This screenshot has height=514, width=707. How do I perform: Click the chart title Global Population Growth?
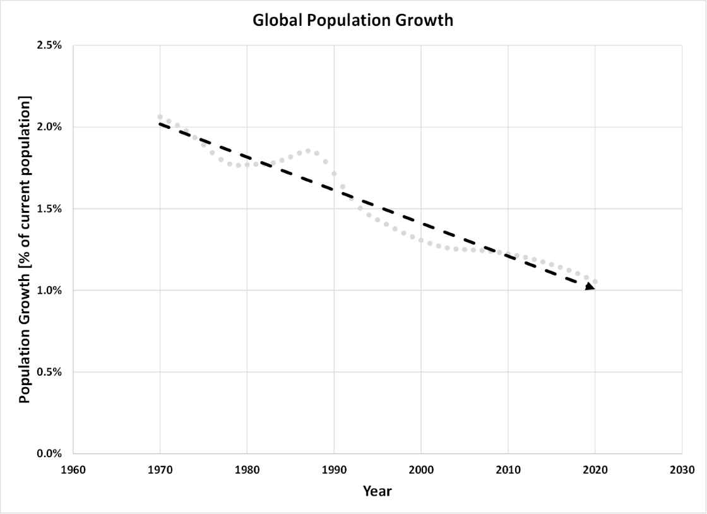pos(353,20)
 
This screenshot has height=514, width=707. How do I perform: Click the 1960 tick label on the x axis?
pos(73,470)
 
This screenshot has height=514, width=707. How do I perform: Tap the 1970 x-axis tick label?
pos(160,470)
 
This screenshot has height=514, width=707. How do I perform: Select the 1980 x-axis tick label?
pos(247,470)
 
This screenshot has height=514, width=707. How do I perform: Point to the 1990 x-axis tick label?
pos(334,470)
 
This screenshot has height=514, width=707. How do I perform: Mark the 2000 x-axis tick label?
pos(421,470)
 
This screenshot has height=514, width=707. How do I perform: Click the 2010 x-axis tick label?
pos(508,470)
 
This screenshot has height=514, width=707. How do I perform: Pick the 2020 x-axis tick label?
pos(595,470)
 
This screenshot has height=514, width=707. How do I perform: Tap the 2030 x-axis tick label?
pos(682,470)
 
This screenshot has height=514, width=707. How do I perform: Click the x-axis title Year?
pos(377,491)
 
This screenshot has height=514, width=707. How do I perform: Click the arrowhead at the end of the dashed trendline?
pos(590,287)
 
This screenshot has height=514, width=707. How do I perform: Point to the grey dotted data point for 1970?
pos(160,117)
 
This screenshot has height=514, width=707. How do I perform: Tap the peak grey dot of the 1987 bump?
pos(308,151)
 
